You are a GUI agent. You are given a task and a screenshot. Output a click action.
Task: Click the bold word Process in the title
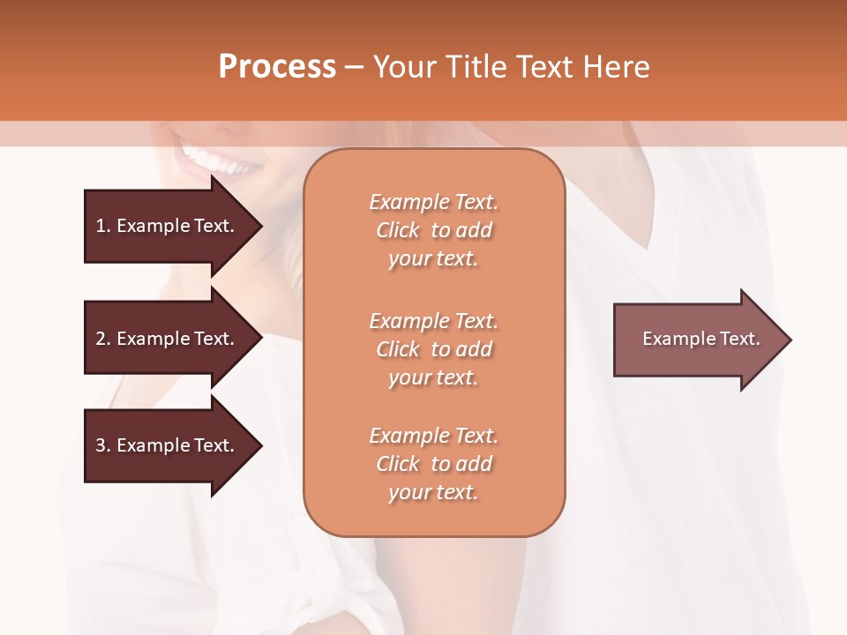pyautogui.click(x=277, y=67)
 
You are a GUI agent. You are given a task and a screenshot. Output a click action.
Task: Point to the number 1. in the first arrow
pyautogui.click(x=103, y=226)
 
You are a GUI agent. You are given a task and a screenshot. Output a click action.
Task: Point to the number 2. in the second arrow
pyautogui.click(x=103, y=339)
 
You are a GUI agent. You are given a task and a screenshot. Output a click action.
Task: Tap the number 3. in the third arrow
pyautogui.click(x=103, y=445)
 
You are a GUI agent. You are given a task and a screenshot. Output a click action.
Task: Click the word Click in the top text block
pyautogui.click(x=398, y=230)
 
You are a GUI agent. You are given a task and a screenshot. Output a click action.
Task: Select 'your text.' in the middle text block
pyautogui.click(x=433, y=377)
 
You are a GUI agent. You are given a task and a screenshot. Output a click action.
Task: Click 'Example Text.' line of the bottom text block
pyautogui.click(x=433, y=436)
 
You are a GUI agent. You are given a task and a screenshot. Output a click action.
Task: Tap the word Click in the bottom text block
pyautogui.click(x=398, y=464)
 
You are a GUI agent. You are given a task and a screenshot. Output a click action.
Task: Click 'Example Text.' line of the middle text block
pyautogui.click(x=433, y=321)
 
